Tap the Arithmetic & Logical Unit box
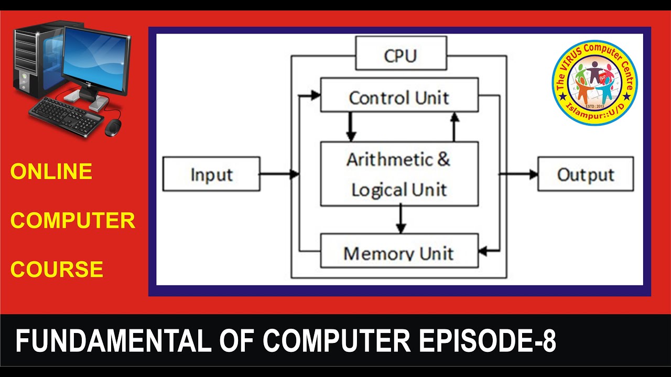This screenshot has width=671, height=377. pos(399,173)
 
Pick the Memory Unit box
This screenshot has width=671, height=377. pos(399,251)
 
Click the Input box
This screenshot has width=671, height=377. pos(211,174)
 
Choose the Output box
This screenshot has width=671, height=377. pos(586,174)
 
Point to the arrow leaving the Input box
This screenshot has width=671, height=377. pos(278,174)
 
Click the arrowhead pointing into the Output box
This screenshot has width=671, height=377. pos(533,174)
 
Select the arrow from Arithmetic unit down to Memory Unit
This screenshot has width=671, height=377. pos(401,219)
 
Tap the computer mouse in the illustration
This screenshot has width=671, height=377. pos(113,126)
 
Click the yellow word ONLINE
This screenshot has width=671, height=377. pos(51,172)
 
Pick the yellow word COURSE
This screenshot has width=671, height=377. pos(57,269)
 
